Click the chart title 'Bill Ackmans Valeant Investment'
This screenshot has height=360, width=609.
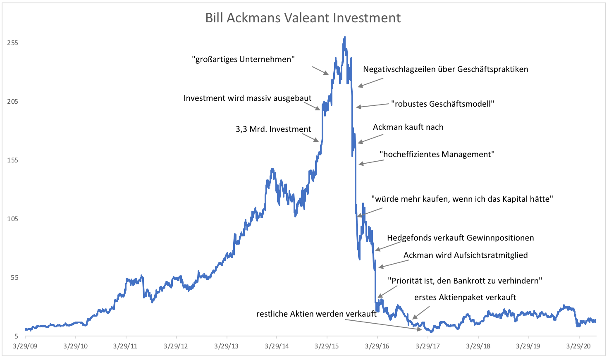(x=303, y=18)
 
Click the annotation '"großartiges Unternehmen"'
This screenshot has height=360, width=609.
(x=243, y=59)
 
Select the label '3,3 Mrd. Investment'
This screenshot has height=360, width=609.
(x=273, y=129)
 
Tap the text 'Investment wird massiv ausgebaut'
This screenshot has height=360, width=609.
(x=248, y=98)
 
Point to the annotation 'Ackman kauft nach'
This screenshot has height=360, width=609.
(x=408, y=127)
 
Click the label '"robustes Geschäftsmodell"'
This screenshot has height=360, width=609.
(x=443, y=103)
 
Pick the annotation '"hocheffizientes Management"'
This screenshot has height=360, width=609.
(x=437, y=154)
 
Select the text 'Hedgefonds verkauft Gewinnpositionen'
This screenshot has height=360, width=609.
(x=460, y=238)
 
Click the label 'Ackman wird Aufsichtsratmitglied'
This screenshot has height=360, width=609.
(x=466, y=255)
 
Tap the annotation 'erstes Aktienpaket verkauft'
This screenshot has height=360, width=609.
(x=465, y=297)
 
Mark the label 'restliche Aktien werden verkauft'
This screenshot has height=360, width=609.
(x=316, y=314)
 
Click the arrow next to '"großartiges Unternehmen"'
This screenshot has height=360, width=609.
(x=320, y=70)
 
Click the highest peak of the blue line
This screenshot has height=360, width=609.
(x=344, y=37)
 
